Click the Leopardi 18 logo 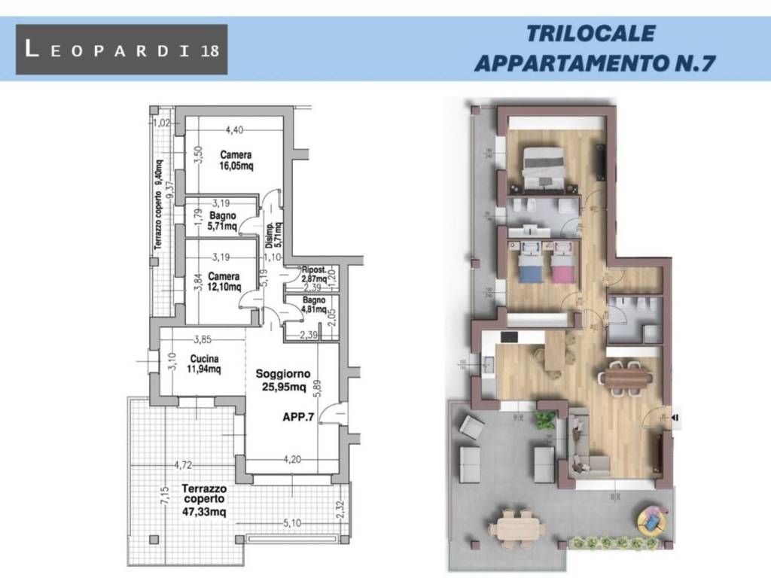tap(121, 50)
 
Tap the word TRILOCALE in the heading tap(590, 35)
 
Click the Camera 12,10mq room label tap(224, 281)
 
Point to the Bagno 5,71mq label tap(223, 220)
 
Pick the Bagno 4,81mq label tap(314, 305)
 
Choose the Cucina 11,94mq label tap(204, 364)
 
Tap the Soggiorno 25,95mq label tap(280, 381)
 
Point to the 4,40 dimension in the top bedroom tap(234, 129)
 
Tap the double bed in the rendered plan tap(544, 167)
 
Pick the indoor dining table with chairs tap(626, 376)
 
